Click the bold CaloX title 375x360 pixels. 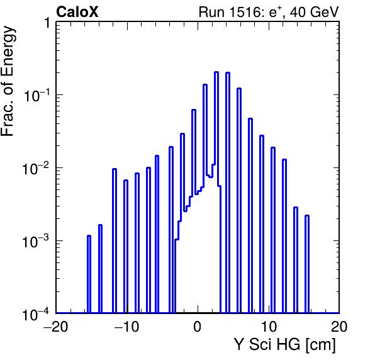pyautogui.click(x=77, y=12)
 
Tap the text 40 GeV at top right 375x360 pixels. pyautogui.click(x=314, y=12)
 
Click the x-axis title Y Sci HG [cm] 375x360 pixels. pyautogui.click(x=284, y=345)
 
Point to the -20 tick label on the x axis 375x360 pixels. pyautogui.click(x=56, y=326)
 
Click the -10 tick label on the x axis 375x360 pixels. pyautogui.click(x=126, y=326)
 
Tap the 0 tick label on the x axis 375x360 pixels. pyautogui.click(x=198, y=326)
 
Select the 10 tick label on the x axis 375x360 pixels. pyautogui.click(x=269, y=326)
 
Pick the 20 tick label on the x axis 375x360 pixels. pyautogui.click(x=339, y=326)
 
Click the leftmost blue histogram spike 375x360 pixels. pyautogui.click(x=89, y=274)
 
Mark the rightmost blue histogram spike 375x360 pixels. pyautogui.click(x=307, y=264)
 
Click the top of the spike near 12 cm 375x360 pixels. pyautogui.click(x=284, y=160)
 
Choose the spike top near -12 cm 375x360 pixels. pyautogui.click(x=115, y=169)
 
